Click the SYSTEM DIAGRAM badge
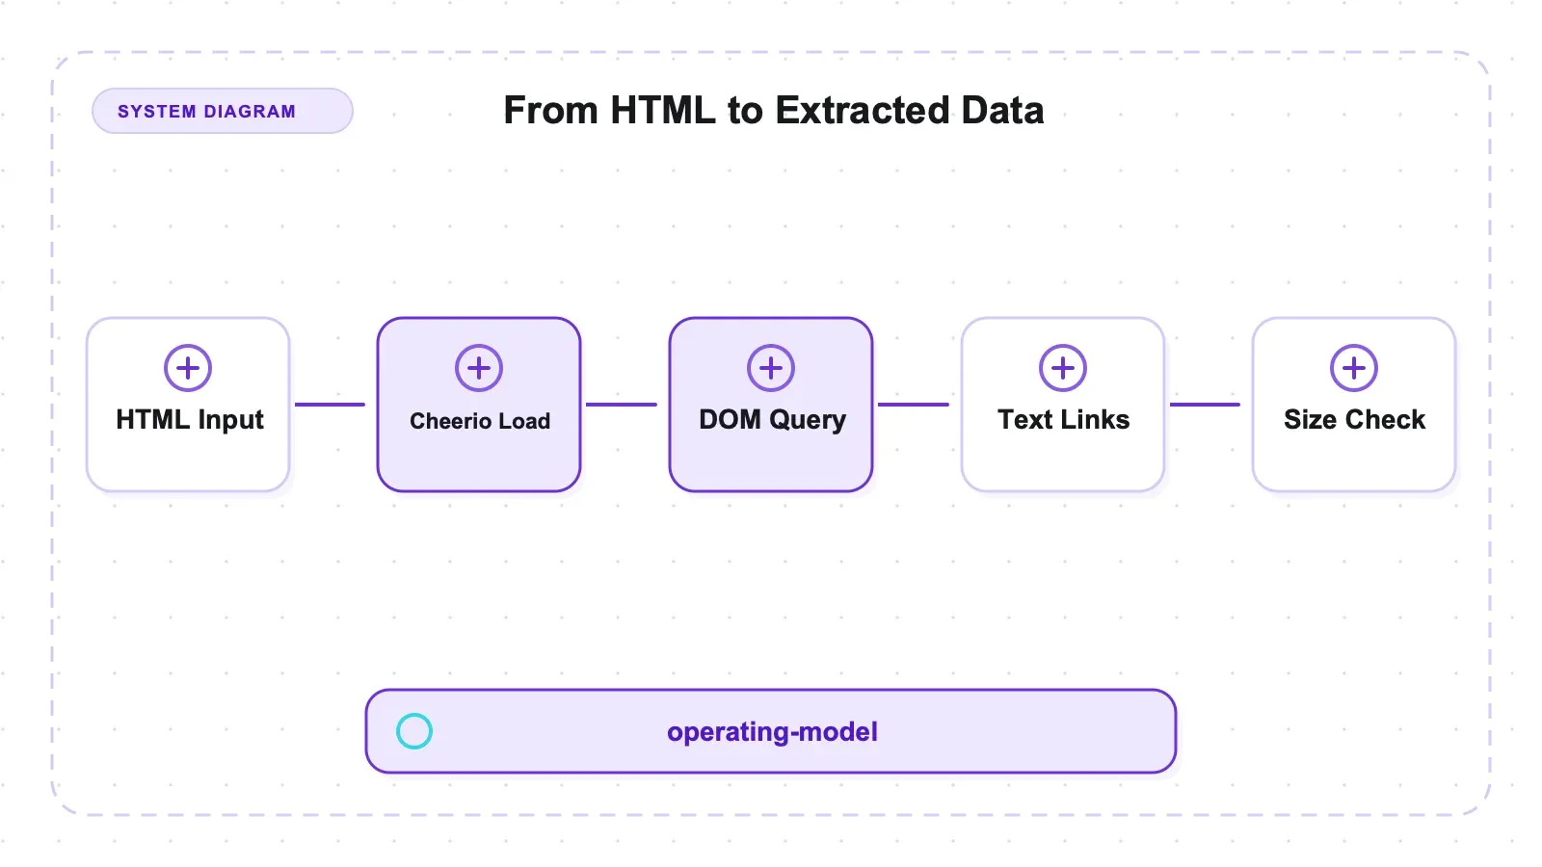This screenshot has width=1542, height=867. tap(223, 111)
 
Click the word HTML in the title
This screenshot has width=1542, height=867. tap(663, 110)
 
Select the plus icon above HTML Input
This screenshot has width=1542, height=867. tap(188, 368)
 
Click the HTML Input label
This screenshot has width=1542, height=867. tap(189, 420)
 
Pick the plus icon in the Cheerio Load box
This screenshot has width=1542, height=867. tap(479, 368)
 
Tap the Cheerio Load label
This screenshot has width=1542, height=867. tap(480, 421)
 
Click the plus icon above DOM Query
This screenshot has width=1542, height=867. tap(771, 368)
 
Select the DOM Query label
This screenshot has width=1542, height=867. tap(772, 420)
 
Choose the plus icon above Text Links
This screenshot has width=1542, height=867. tap(1063, 368)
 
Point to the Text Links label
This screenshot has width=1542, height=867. tap(1064, 420)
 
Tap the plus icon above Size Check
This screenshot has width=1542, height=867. tap(1354, 368)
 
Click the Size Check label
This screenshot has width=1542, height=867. tap(1354, 420)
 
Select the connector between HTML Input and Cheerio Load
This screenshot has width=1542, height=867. tap(330, 405)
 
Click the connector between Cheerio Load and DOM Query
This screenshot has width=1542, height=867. tap(621, 405)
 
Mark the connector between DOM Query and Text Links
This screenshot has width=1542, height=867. tap(913, 405)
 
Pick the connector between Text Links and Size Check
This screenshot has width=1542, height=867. tap(1205, 405)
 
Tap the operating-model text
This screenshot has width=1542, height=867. tap(772, 732)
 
